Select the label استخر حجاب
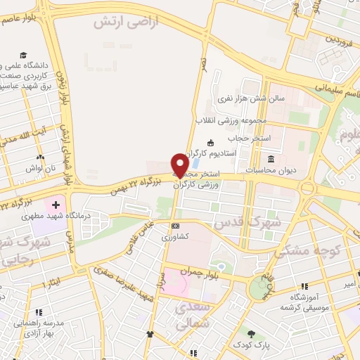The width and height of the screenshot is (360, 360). pos(259,137)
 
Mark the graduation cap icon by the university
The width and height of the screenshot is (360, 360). pos(23,56)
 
